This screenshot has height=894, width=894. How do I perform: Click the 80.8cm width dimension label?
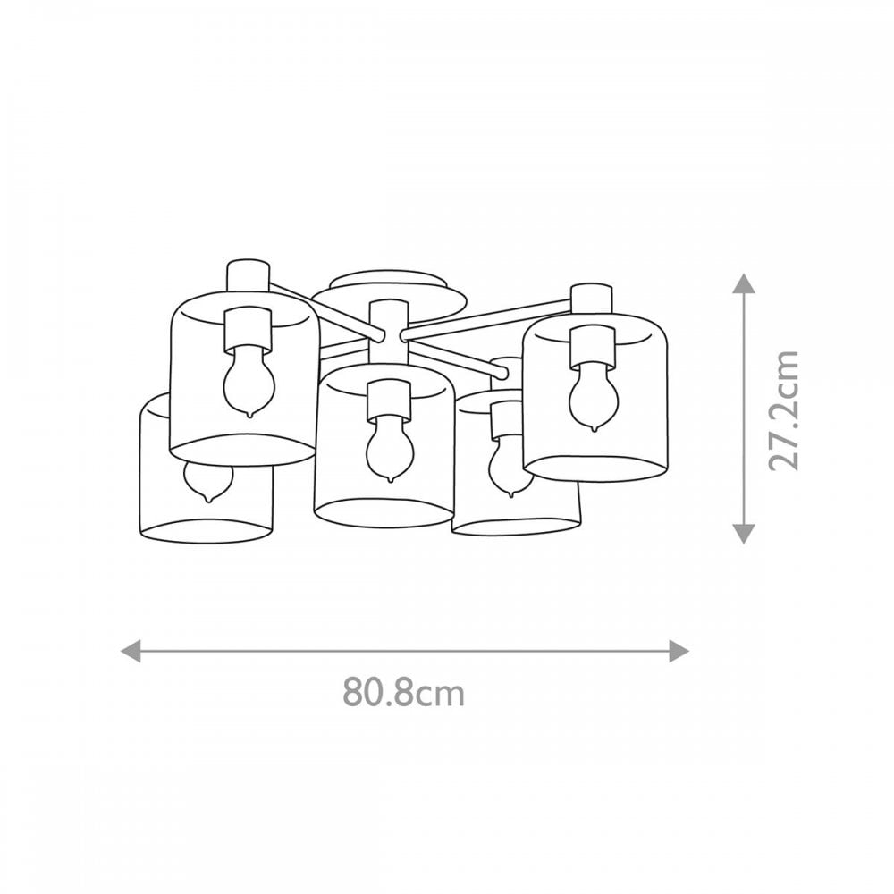tap(404, 693)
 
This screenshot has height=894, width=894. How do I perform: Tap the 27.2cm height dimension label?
tap(784, 411)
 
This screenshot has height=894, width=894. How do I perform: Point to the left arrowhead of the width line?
tap(131, 651)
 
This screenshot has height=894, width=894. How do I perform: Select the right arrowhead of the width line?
tap(679, 651)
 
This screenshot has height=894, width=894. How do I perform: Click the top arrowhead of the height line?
tap(744, 283)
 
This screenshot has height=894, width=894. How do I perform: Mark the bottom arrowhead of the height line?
tap(744, 533)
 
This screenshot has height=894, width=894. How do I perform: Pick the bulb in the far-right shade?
tap(594, 398)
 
